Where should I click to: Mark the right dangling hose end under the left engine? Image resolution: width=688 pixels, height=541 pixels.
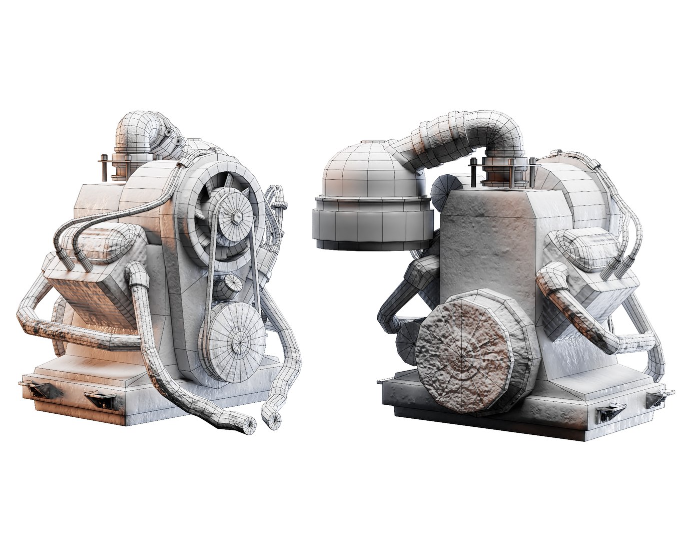[x=275, y=422]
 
